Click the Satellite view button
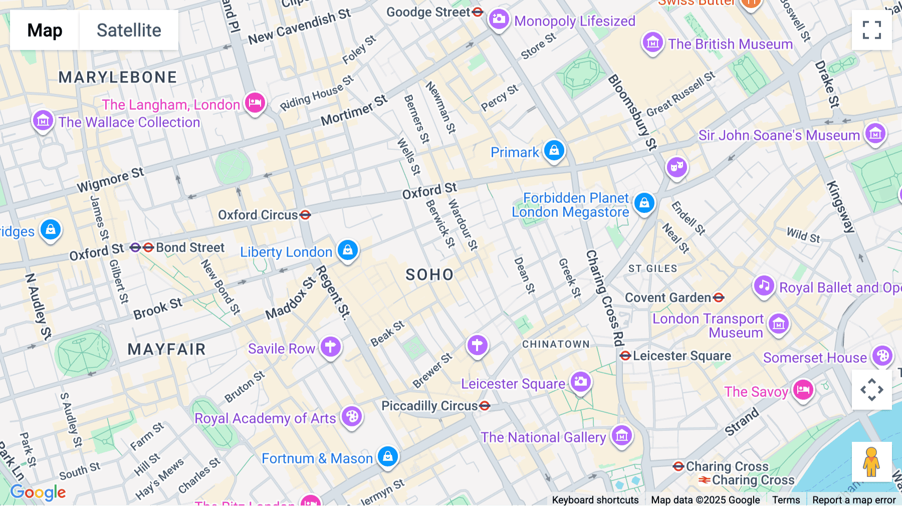(x=129, y=30)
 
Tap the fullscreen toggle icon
(x=871, y=30)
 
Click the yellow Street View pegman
(x=871, y=462)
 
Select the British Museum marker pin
(x=652, y=43)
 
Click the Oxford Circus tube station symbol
(x=305, y=215)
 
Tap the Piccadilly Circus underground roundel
(x=485, y=406)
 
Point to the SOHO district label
(x=429, y=275)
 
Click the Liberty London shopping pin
(x=348, y=249)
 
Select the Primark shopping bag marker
(x=554, y=150)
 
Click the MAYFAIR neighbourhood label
(x=166, y=349)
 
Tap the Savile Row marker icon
(x=330, y=346)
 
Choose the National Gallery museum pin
(x=622, y=435)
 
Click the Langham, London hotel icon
(x=255, y=103)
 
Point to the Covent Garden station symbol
(x=719, y=298)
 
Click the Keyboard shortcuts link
(x=595, y=500)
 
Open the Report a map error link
(x=853, y=500)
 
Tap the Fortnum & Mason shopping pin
(x=388, y=456)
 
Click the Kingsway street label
(x=840, y=207)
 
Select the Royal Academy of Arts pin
(x=352, y=416)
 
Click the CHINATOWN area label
(x=556, y=344)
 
